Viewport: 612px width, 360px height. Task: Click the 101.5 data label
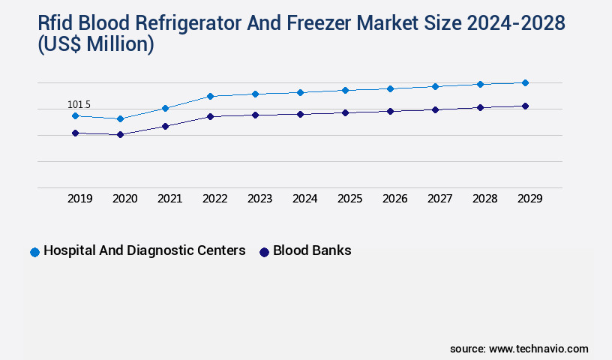click(79, 104)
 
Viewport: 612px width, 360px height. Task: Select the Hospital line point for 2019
click(75, 115)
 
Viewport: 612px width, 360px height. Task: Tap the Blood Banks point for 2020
click(120, 135)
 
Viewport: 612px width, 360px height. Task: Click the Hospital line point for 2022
click(210, 96)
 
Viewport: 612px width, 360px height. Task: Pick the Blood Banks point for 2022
click(210, 116)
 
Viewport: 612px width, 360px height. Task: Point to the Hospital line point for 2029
click(525, 82)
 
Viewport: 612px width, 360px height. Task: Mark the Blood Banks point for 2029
click(525, 106)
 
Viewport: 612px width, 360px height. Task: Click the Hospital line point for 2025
click(345, 90)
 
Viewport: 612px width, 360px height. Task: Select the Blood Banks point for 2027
click(435, 109)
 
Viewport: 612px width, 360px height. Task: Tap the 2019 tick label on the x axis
click(79, 199)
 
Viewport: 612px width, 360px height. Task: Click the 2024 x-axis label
click(304, 199)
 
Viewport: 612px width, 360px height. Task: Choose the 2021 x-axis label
click(169, 199)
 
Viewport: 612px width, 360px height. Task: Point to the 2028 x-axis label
click(484, 199)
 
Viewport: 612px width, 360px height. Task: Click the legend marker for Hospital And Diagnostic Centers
click(34, 252)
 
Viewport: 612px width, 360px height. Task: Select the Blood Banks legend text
click(312, 250)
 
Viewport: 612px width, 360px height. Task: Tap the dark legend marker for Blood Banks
click(264, 252)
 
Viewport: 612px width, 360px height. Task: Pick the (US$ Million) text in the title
click(95, 45)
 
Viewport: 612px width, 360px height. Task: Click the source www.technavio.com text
click(519, 349)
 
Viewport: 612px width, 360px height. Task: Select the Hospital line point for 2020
click(120, 118)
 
